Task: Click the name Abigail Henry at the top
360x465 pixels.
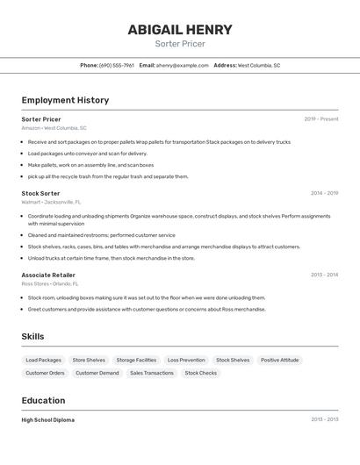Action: point(180,30)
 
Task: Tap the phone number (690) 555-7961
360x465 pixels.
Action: point(117,65)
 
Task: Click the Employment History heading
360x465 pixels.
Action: point(65,100)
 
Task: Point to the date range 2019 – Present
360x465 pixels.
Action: point(320,119)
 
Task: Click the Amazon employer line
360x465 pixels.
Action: point(54,128)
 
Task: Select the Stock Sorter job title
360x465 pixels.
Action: point(40,193)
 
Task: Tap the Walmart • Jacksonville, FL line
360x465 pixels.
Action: point(51,202)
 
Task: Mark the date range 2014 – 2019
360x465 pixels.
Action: point(324,193)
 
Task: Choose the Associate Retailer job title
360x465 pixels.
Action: point(48,275)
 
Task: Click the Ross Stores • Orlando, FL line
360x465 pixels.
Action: point(49,283)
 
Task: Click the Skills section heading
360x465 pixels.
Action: point(32,336)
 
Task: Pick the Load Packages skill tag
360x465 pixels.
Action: point(44,360)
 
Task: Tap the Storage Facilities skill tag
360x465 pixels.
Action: point(136,360)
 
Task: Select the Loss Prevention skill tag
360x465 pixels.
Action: point(186,360)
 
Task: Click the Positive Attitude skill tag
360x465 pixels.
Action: point(279,360)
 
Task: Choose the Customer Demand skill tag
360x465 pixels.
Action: point(97,373)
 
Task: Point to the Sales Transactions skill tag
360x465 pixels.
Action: point(152,373)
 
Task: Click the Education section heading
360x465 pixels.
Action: point(44,400)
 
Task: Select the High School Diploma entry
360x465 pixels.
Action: point(47,420)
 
